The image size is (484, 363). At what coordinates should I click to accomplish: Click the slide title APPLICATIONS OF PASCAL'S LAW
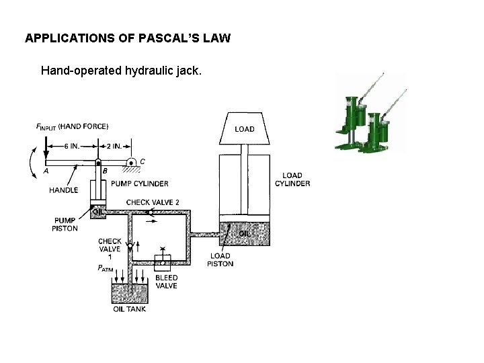[128, 38]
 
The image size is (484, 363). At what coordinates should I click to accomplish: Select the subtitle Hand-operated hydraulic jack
[120, 70]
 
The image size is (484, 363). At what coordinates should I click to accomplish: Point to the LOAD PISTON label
[220, 259]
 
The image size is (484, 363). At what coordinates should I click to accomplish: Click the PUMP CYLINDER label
[139, 184]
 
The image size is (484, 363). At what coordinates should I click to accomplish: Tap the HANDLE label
[64, 190]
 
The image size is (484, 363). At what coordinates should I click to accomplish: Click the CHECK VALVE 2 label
[153, 202]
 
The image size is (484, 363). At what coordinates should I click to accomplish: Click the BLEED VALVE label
[166, 281]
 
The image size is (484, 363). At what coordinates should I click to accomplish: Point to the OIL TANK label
[129, 309]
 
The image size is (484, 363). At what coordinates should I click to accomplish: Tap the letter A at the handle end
[46, 171]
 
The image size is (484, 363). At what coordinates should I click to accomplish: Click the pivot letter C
[142, 161]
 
